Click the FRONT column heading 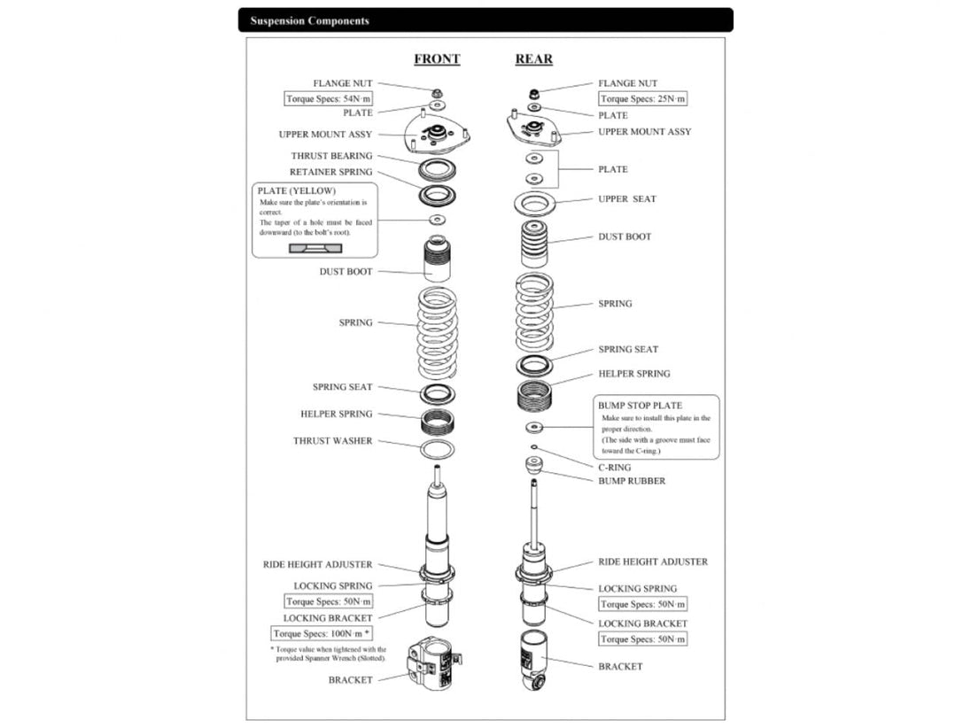click(437, 59)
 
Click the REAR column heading click(534, 59)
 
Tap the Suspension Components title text click(309, 20)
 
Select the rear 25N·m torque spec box click(642, 99)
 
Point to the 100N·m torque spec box click(321, 633)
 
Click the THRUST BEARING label click(331, 156)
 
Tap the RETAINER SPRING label click(330, 172)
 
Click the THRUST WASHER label click(332, 441)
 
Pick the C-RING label click(614, 467)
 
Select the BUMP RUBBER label click(631, 481)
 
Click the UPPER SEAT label click(626, 199)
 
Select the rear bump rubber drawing click(533, 466)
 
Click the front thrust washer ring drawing click(437, 449)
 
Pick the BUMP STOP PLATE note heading click(640, 406)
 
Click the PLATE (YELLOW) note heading click(297, 190)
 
